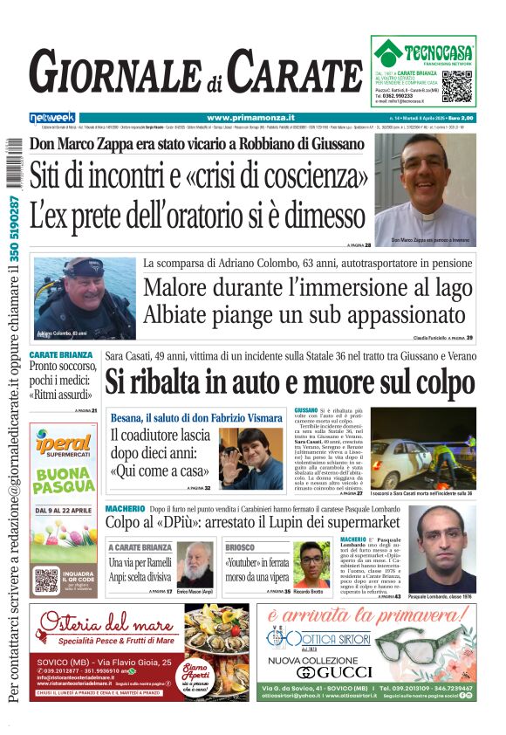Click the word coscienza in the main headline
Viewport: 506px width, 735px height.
[x=305, y=176]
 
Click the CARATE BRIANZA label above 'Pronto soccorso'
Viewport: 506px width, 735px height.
[x=61, y=355]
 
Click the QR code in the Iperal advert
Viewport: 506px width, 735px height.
[x=45, y=580]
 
